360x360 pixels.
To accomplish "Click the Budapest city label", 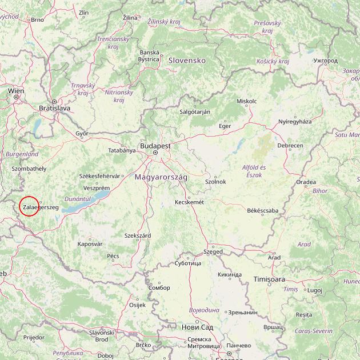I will click(154, 146).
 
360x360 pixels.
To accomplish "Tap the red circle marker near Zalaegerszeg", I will click(29, 206).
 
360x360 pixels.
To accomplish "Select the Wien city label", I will click(16, 90).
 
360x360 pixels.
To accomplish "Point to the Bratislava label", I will click(54, 107).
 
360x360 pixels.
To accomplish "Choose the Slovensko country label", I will click(186, 60).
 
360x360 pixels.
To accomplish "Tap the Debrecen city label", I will click(290, 146).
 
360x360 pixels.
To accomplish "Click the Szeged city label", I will click(213, 251).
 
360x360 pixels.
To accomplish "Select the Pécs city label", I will click(113, 256).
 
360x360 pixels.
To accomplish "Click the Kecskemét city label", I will click(189, 202).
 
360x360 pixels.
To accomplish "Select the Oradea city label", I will click(306, 182).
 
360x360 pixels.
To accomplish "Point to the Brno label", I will click(37, 19).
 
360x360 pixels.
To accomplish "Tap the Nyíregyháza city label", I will click(295, 122).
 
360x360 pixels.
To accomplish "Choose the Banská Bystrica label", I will click(149, 55).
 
